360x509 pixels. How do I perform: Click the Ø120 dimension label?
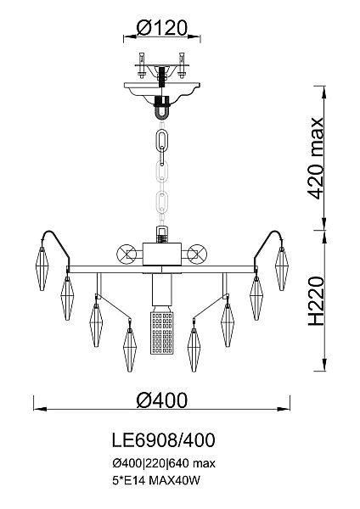click(162, 28)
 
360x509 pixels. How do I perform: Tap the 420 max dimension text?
click(315, 158)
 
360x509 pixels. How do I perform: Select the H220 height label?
click(316, 301)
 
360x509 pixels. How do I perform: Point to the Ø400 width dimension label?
click(162, 400)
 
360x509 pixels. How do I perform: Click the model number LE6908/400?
click(163, 440)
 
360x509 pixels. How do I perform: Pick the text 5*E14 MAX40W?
click(156, 480)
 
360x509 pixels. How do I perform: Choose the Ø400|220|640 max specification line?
click(164, 463)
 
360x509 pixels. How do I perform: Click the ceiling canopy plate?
click(162, 92)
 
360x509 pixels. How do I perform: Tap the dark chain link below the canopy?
click(161, 140)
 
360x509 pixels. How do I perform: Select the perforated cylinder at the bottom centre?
click(161, 333)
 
